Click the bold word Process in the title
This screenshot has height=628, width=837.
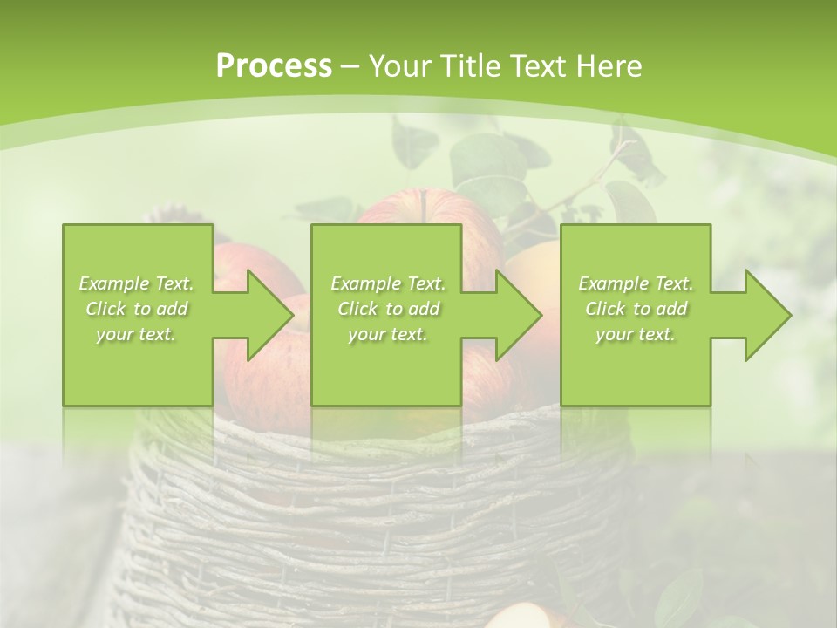[274, 65]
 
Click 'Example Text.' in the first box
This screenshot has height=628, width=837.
[136, 283]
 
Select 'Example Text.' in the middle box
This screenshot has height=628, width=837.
[388, 283]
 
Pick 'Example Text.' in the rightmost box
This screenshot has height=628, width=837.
[636, 283]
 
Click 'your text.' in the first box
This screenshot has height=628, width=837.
[136, 334]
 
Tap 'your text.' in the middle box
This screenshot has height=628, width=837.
[388, 334]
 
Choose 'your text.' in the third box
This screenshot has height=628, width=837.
[636, 334]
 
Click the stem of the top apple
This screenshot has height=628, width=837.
[425, 205]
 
